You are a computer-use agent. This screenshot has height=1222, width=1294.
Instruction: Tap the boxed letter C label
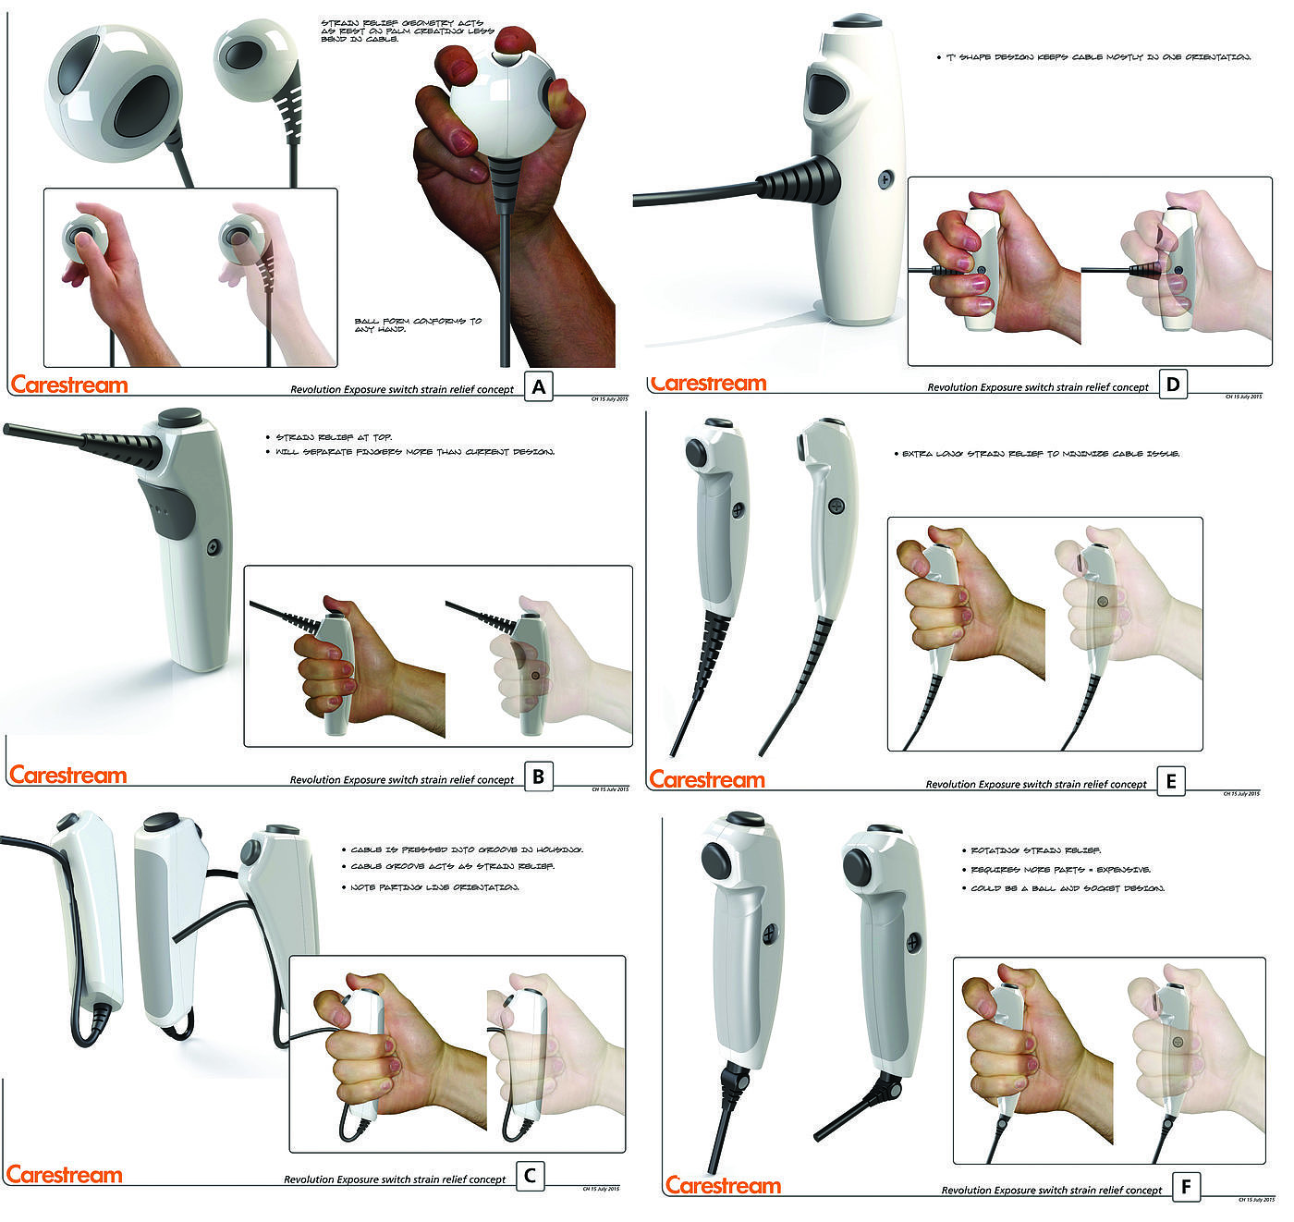tap(530, 1176)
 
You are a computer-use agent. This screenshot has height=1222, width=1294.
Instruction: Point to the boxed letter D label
tap(1172, 385)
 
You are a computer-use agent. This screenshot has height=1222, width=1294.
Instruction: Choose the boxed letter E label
tap(1171, 782)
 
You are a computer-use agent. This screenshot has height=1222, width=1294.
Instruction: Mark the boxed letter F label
tap(1186, 1187)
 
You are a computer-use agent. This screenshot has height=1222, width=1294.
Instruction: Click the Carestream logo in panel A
tap(69, 385)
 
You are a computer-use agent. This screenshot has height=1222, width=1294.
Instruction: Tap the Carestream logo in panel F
tap(723, 1185)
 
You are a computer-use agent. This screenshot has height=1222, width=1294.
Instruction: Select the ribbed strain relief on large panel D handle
tap(800, 180)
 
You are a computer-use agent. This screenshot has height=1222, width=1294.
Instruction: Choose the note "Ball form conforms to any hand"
tap(418, 324)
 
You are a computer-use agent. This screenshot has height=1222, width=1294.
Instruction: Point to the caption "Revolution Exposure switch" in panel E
tap(1035, 785)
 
